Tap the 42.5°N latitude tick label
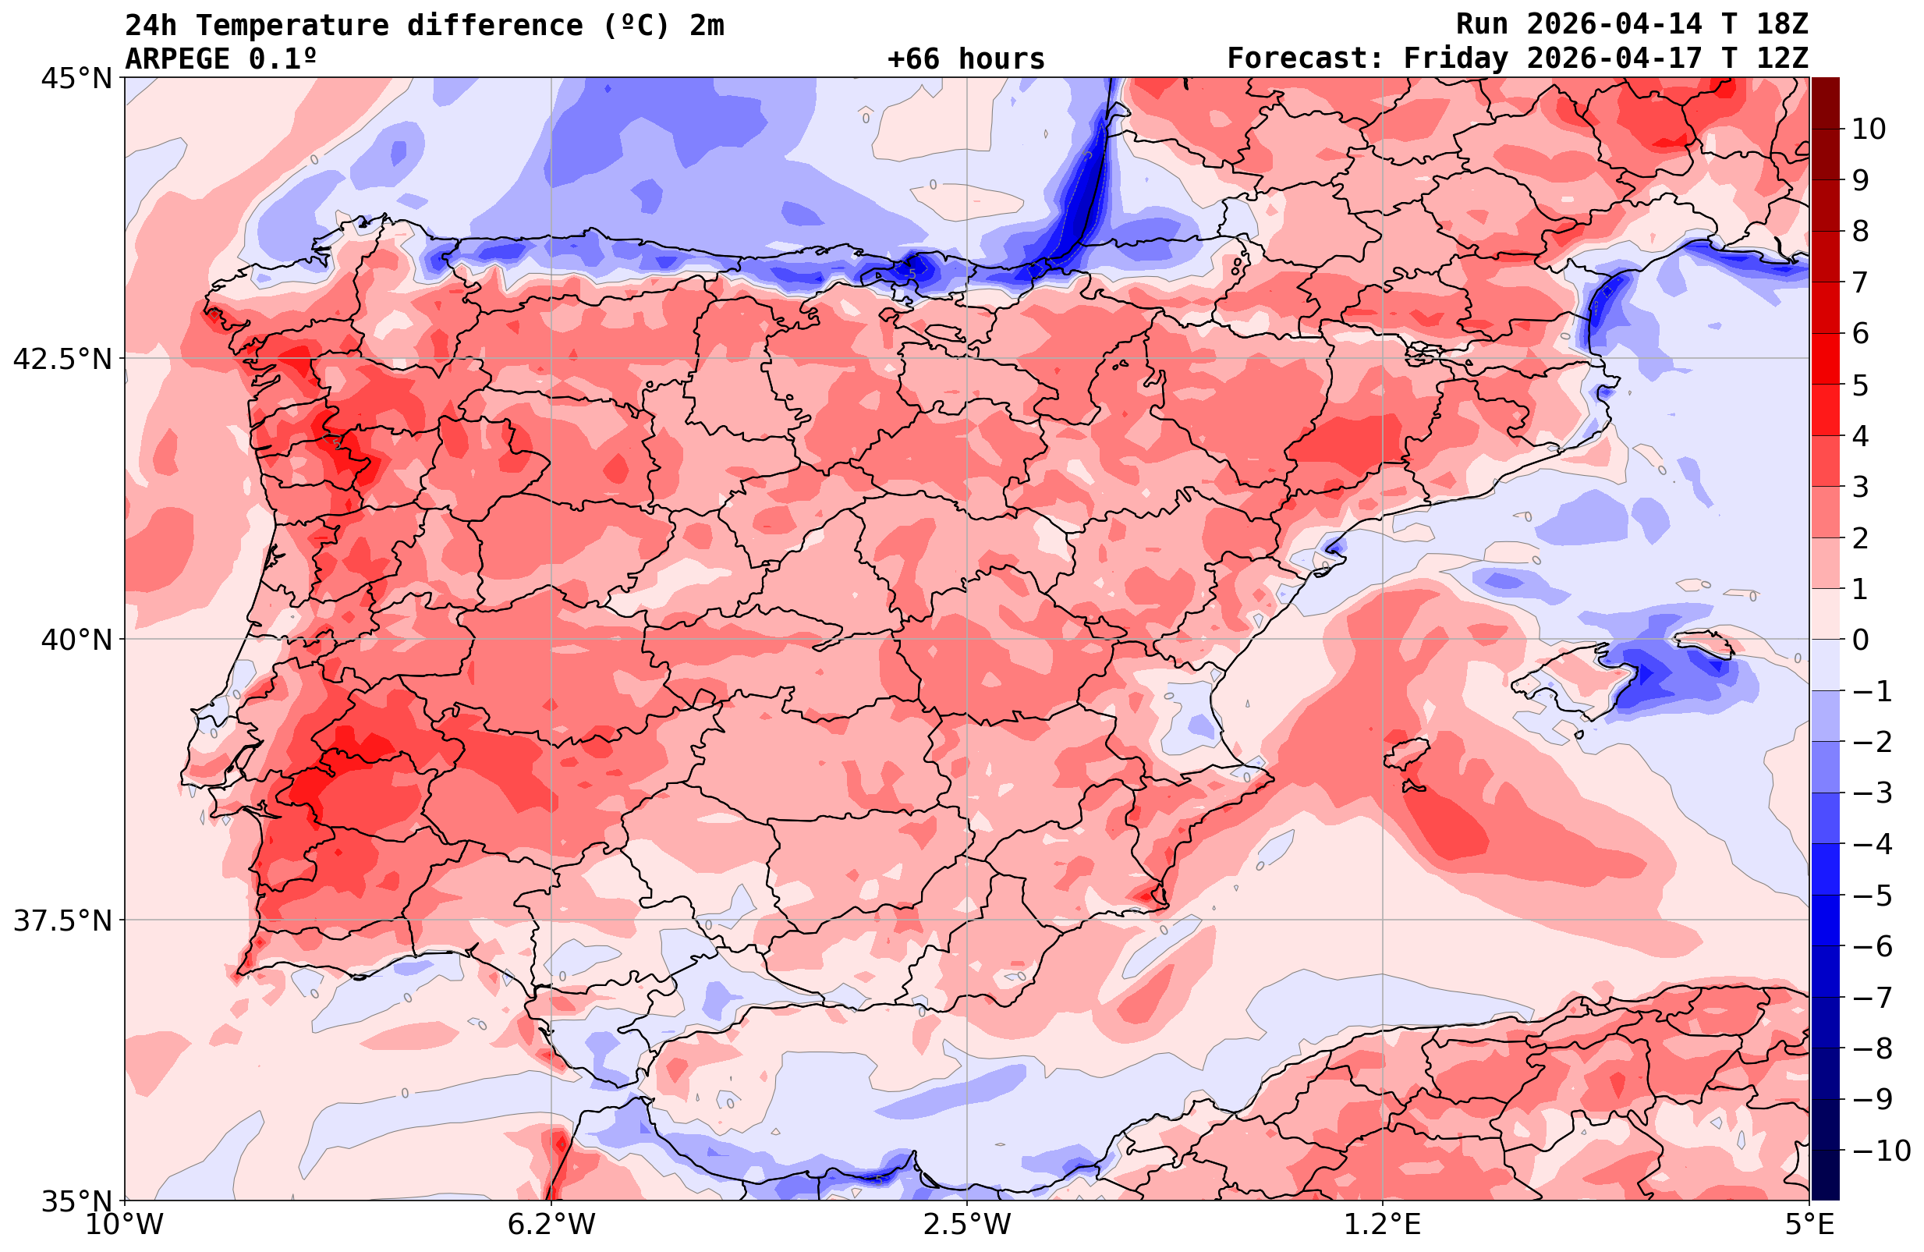tap(62, 358)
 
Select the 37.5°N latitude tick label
tap(62, 920)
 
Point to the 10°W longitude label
tap(124, 1225)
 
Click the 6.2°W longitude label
tap(551, 1225)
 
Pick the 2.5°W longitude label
tap(967, 1225)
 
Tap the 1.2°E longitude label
tap(1383, 1225)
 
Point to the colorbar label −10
tap(1880, 1150)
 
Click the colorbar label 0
tap(1860, 640)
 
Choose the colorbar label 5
tap(1860, 385)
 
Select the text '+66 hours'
tap(966, 59)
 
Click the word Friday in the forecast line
tap(1455, 59)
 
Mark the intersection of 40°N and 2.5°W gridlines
tap(967, 639)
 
